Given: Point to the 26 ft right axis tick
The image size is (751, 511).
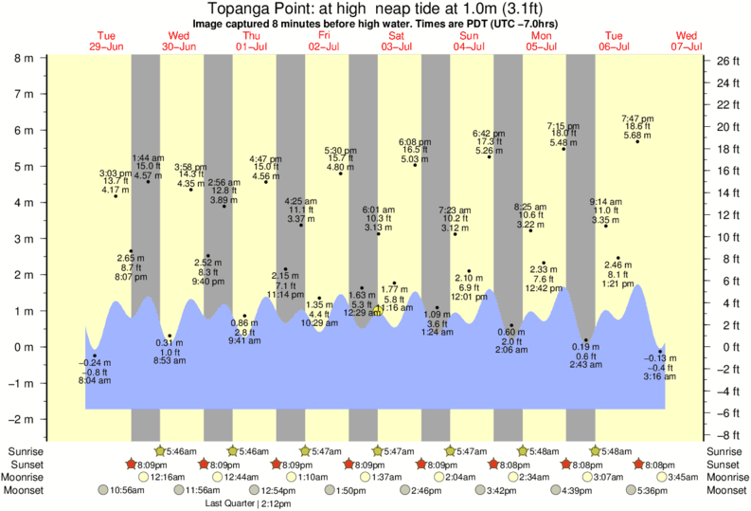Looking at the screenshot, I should click(724, 61).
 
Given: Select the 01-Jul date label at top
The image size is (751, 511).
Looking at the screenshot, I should click(251, 46).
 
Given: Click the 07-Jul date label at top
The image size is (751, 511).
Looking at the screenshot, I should click(686, 46).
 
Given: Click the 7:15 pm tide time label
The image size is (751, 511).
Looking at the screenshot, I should click(563, 125).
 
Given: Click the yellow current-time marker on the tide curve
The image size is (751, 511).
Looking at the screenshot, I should click(379, 310).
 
